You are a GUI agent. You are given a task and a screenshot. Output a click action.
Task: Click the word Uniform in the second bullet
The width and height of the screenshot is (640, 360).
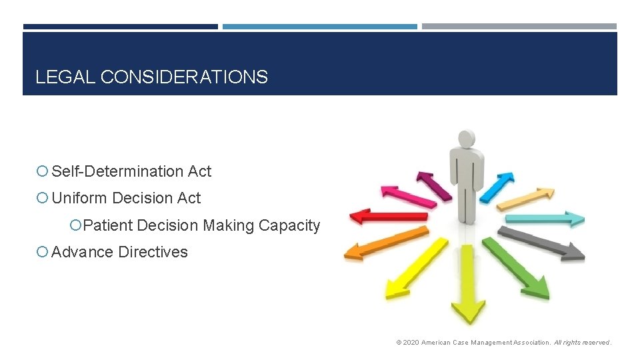pyautogui.click(x=80, y=198)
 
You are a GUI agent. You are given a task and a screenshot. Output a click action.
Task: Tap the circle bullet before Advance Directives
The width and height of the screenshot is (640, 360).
pyautogui.click(x=43, y=252)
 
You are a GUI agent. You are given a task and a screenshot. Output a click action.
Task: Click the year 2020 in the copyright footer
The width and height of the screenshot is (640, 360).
pyautogui.click(x=411, y=343)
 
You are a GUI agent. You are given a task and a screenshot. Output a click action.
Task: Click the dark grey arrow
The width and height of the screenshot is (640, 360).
pyautogui.click(x=543, y=243)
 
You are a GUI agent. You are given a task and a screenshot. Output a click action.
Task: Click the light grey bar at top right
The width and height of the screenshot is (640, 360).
pyautogui.click(x=519, y=27)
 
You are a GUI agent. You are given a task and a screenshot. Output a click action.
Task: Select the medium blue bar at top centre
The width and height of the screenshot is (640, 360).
pyautogui.click(x=319, y=27)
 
